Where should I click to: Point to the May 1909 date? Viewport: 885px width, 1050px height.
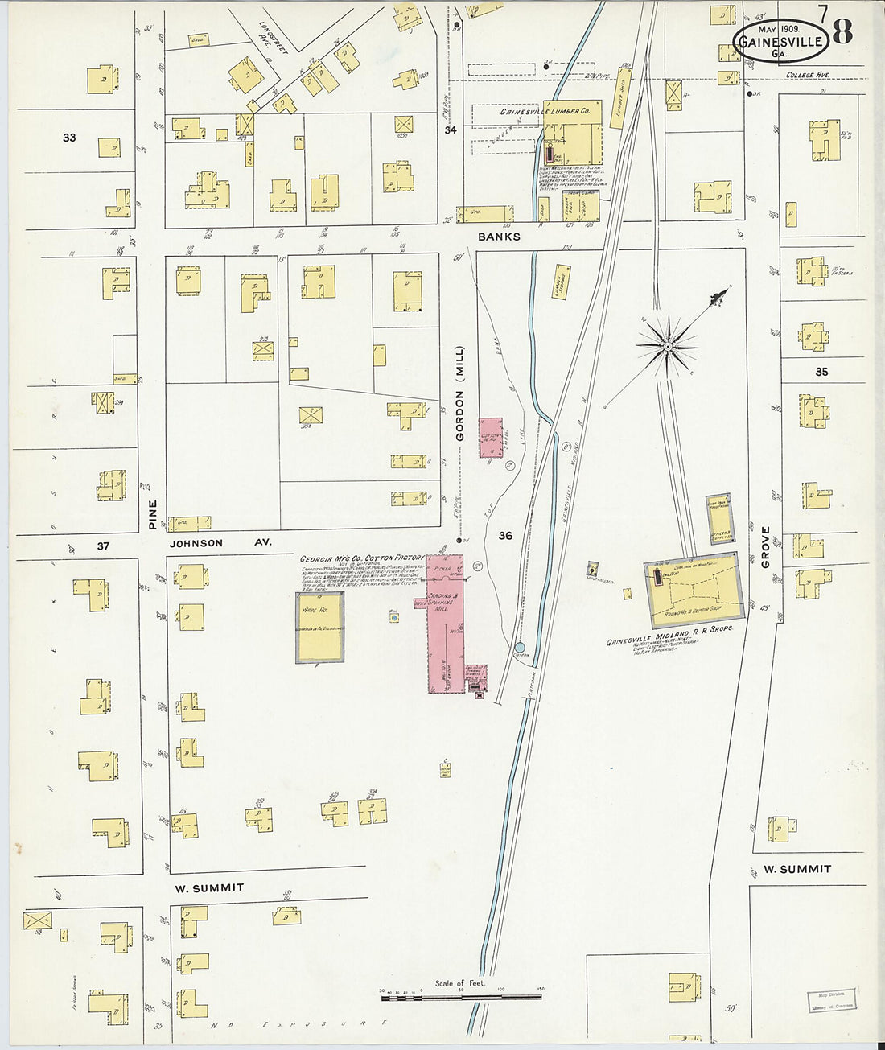click(x=772, y=28)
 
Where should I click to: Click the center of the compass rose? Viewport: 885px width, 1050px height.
click(x=667, y=346)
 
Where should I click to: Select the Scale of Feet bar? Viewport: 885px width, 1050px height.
click(x=461, y=997)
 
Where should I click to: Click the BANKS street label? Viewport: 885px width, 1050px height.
click(x=499, y=237)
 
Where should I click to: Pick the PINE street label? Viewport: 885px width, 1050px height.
click(x=153, y=513)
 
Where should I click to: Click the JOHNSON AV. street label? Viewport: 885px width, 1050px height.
click(x=220, y=543)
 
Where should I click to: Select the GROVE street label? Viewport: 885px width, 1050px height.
click(x=765, y=547)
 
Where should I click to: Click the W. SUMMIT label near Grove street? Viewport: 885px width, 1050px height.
click(x=796, y=869)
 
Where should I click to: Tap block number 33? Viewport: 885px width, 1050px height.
click(x=69, y=138)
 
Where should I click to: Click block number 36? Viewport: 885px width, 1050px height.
click(x=505, y=536)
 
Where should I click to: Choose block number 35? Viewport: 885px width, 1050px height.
click(x=821, y=372)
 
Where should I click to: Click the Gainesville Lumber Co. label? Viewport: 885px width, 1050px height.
click(x=550, y=112)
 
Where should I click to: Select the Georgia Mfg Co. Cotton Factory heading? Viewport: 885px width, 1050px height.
click(x=361, y=558)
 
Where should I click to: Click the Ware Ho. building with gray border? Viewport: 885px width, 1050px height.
click(x=319, y=628)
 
